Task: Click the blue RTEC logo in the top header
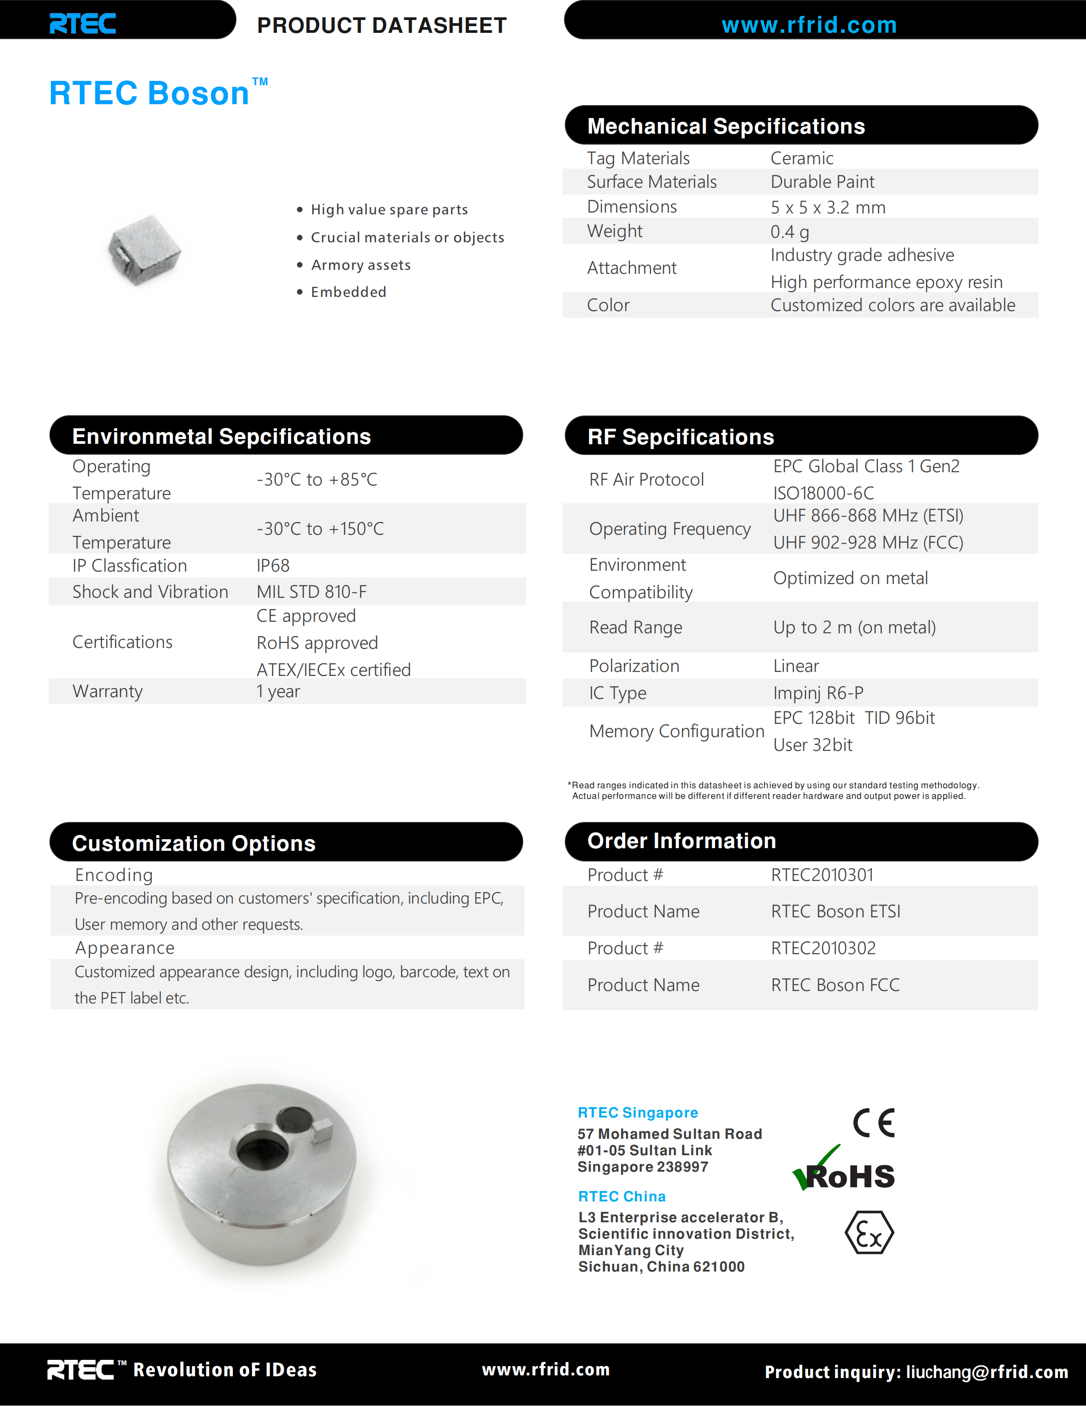tap(83, 24)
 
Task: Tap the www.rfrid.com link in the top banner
tap(809, 25)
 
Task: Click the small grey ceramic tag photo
tap(144, 250)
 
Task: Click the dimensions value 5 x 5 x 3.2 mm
tap(827, 207)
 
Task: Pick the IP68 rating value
tap(273, 566)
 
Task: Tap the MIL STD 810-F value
tap(311, 592)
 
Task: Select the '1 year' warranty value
tap(278, 691)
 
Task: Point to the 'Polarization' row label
tap(633, 666)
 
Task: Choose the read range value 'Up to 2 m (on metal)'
tap(854, 628)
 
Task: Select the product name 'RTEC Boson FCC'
tap(834, 985)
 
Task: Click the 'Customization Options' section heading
tap(194, 843)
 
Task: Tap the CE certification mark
tap(874, 1123)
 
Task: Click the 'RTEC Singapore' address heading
tap(637, 1113)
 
